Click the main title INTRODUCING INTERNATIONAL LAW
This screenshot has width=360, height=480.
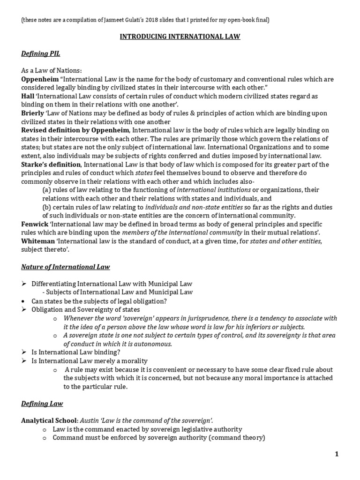coord(180,37)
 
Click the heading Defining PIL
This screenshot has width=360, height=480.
coord(41,54)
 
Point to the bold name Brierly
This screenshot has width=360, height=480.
coord(32,113)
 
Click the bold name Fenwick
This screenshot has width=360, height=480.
coord(35,224)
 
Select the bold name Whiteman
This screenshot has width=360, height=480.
coord(37,240)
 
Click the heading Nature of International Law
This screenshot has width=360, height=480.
coord(66,267)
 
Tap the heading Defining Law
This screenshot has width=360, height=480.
coord(42,403)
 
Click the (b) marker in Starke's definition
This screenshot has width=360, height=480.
coord(46,207)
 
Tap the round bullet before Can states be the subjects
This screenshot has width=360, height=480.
coord(24,301)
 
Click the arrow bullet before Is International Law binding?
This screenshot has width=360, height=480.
coord(24,352)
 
